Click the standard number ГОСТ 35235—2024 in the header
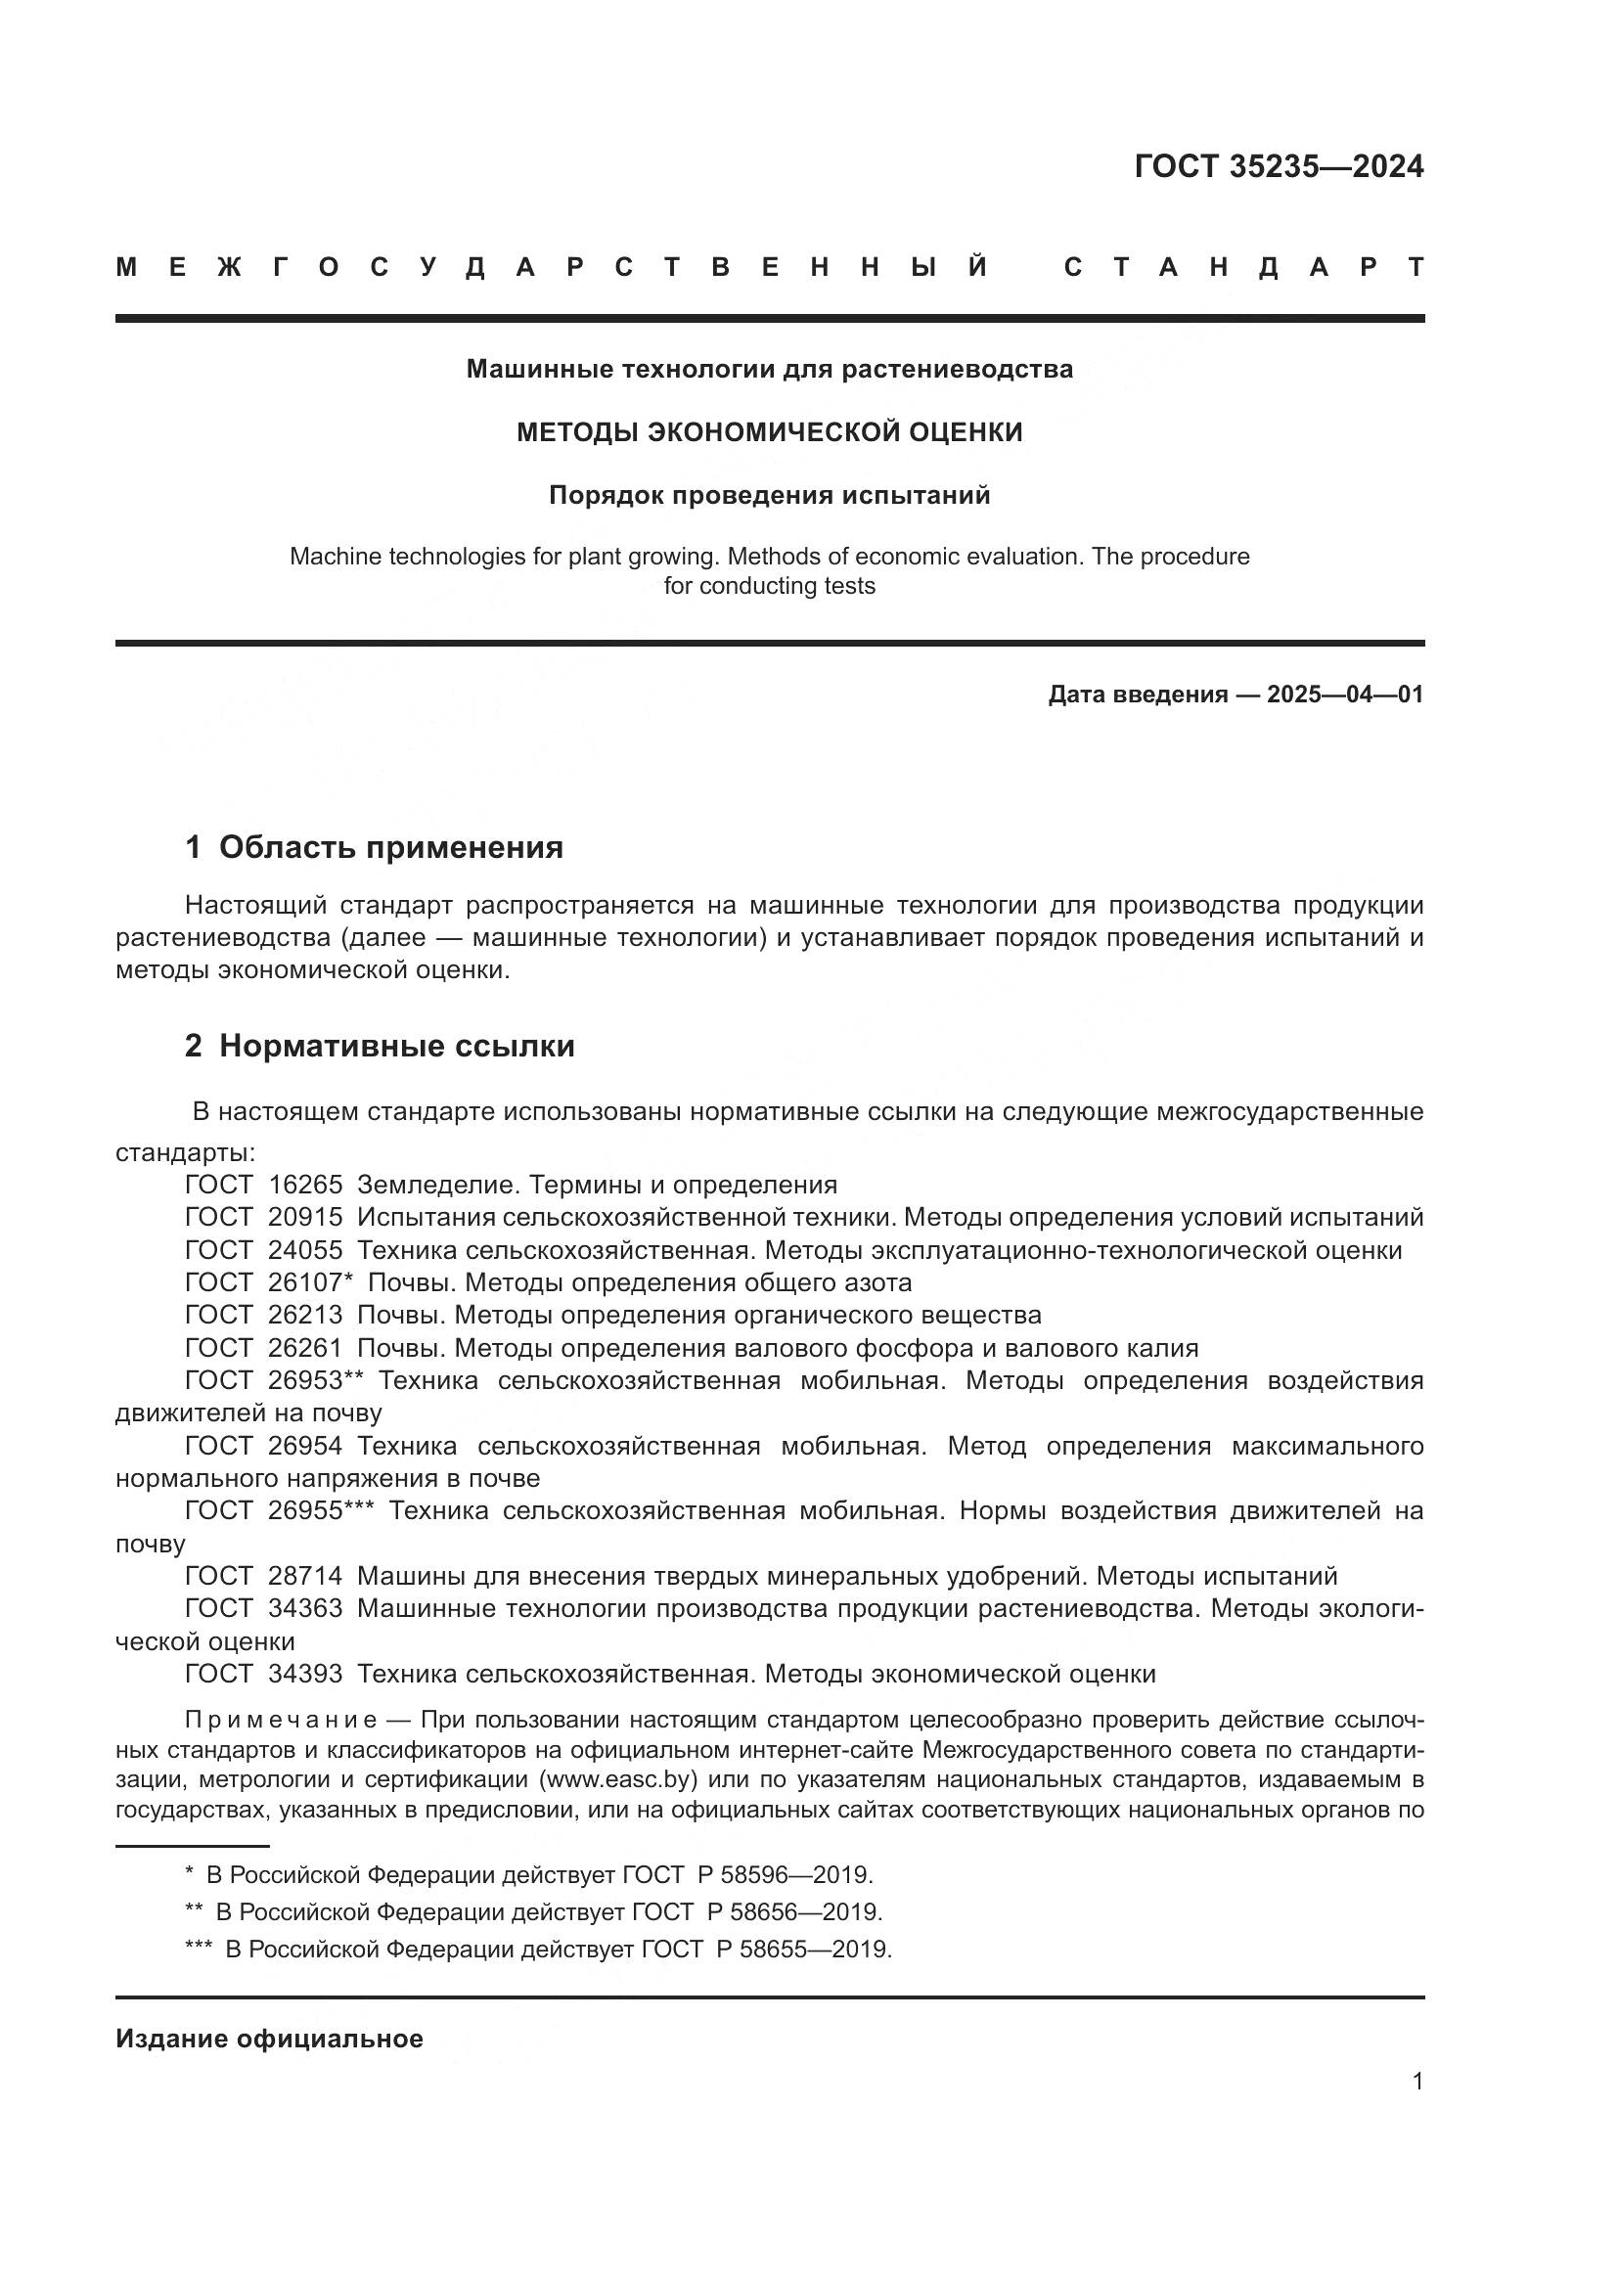tap(1279, 166)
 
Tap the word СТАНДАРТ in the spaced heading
tap(1244, 267)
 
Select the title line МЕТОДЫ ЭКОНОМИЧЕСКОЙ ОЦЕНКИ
tap(769, 431)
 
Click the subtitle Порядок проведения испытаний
tap(769, 495)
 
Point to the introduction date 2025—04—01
tap(1345, 695)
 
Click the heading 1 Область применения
tap(374, 847)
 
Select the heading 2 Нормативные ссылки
tap(380, 1046)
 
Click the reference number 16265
tap(305, 1185)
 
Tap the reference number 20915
tap(305, 1217)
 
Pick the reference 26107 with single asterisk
tap(310, 1282)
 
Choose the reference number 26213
tap(305, 1315)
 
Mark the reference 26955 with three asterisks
tap(320, 1510)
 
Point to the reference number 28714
tap(305, 1576)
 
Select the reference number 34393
tap(305, 1673)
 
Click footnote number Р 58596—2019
tap(785, 1874)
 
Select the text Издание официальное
tap(269, 2038)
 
